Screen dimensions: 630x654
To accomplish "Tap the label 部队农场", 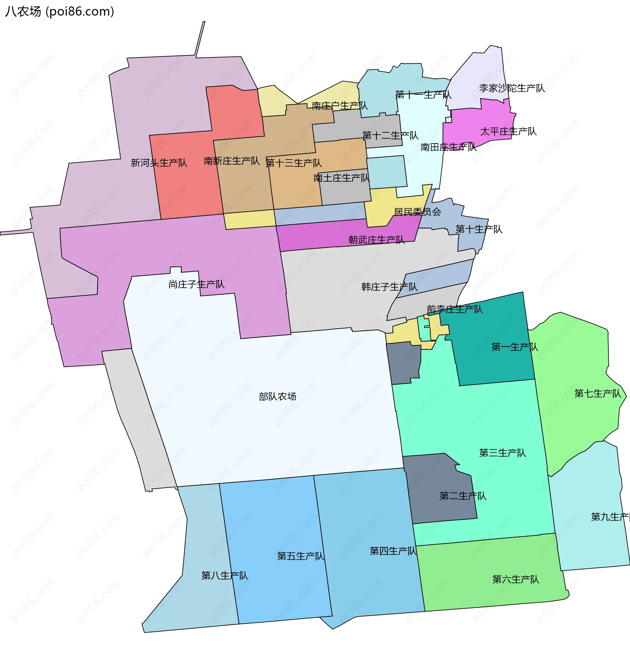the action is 277,396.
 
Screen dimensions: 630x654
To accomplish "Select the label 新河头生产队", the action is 159,163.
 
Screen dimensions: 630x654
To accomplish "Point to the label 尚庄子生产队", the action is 196,284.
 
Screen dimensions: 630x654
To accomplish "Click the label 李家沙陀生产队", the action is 512,88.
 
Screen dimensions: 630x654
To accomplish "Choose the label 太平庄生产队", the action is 508,131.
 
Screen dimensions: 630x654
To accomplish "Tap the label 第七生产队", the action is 598,394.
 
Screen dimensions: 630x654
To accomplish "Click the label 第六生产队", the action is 516,579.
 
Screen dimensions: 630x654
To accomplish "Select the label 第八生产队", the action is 225,575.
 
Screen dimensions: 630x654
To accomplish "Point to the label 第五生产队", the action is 301,556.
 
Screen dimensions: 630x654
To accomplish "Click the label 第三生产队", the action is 502,453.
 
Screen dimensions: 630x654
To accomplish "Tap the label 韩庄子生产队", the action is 389,287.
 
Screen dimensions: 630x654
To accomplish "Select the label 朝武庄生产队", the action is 376,239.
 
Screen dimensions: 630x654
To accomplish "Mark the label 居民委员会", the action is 417,212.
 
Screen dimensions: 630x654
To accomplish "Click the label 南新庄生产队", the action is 232,161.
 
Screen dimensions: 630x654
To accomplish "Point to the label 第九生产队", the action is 610,517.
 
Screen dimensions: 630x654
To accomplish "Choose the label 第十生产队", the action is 479,229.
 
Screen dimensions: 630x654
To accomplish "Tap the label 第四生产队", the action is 393,551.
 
